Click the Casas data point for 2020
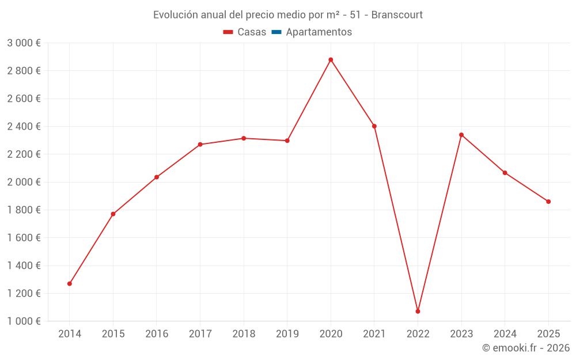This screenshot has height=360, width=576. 331,60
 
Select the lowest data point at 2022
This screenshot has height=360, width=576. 418,311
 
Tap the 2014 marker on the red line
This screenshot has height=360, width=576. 70,283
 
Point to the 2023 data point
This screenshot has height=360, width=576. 461,135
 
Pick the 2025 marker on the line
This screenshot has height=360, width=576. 548,202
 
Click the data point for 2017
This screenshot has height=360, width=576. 200,145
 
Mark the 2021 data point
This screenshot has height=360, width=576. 374,126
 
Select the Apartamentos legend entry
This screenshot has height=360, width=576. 319,32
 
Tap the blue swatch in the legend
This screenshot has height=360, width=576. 276,32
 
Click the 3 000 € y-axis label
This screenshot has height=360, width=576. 24,43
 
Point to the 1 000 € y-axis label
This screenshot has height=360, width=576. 24,321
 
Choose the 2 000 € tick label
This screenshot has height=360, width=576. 24,182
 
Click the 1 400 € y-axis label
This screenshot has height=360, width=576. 24,266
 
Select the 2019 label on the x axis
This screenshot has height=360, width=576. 287,334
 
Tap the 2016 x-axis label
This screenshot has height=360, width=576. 157,334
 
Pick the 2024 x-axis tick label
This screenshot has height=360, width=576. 505,334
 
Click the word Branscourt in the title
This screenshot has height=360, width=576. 397,15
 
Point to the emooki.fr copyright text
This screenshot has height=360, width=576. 525,348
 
